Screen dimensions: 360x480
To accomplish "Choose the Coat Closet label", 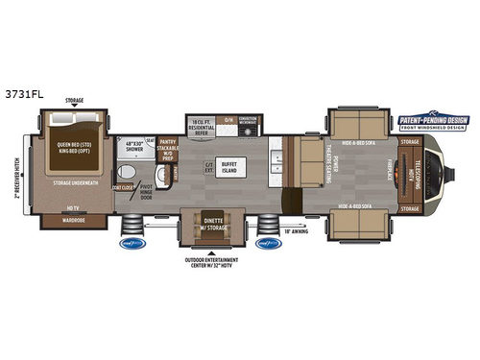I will click(122, 188).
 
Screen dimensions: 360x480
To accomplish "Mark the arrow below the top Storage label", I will click(74, 106).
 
